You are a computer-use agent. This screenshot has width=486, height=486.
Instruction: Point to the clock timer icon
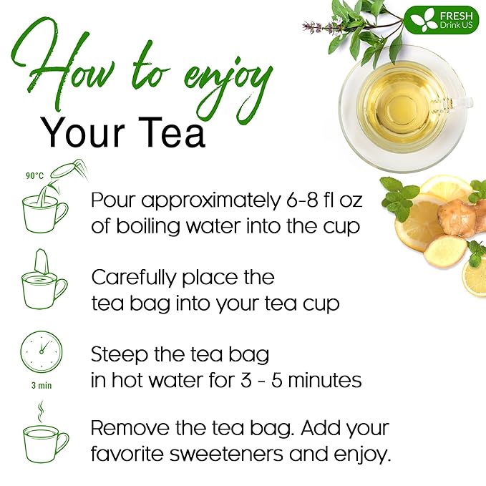pos(42,353)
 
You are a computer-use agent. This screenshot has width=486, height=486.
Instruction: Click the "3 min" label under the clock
pos(41,384)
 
